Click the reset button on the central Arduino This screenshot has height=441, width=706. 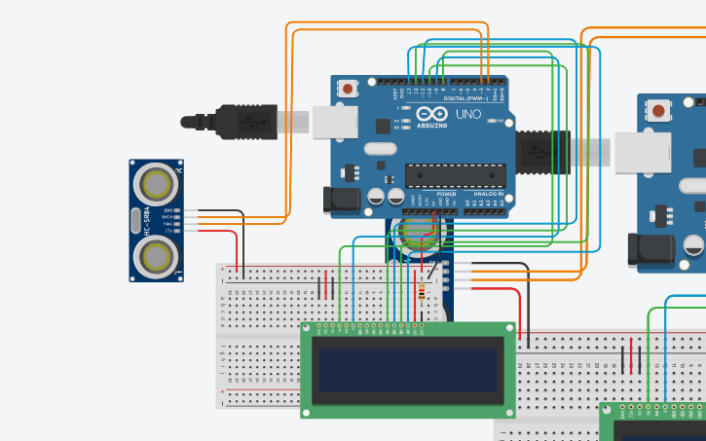click(x=349, y=90)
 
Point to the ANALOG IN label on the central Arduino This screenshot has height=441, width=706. click(x=488, y=194)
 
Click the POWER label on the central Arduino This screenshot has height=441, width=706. click(x=446, y=194)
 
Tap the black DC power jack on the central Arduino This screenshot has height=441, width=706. click(x=341, y=200)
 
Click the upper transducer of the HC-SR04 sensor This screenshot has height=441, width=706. click(x=155, y=181)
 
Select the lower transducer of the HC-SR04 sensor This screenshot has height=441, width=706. click(x=155, y=256)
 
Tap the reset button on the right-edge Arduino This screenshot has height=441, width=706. click(x=659, y=110)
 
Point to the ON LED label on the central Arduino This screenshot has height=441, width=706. click(x=499, y=122)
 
